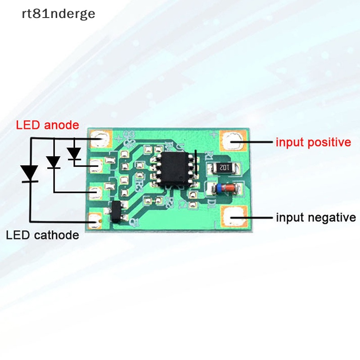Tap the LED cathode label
coord(42,235)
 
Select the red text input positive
coord(313,143)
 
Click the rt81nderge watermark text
coord(58,14)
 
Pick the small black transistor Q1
coord(117,212)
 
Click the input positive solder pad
coord(233,141)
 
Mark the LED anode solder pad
coord(100,139)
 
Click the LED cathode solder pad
coord(94,220)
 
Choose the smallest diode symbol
coord(74,153)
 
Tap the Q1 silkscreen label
coord(133,221)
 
